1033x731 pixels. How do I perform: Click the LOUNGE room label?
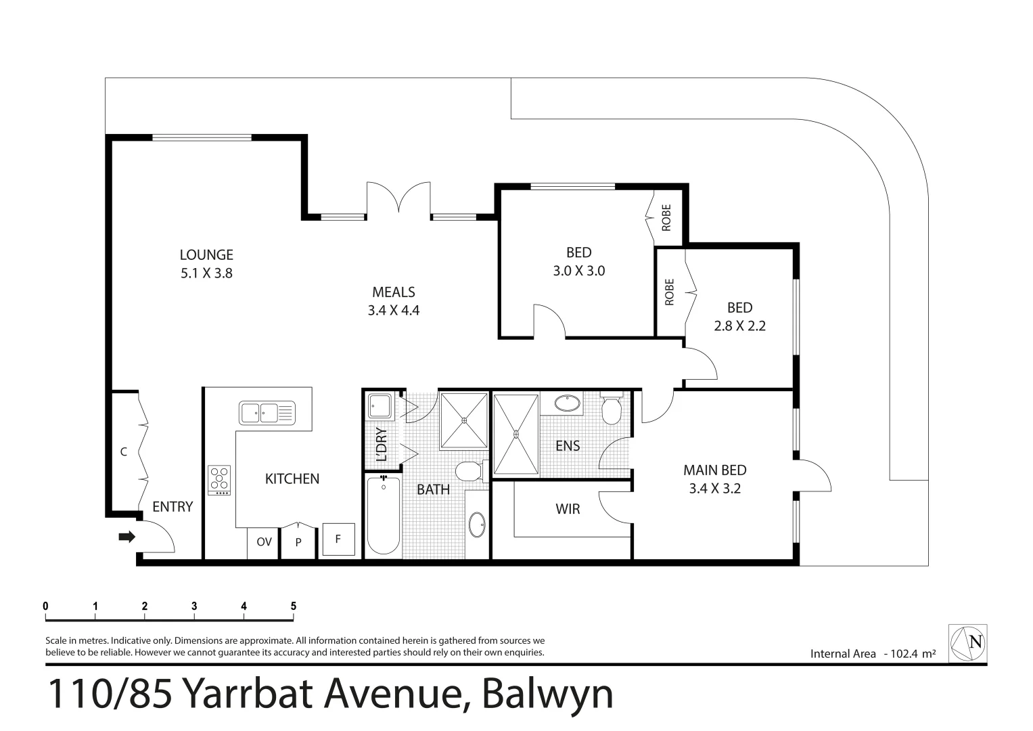[x=206, y=255]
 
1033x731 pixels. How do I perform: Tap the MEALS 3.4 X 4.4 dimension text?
[x=394, y=311]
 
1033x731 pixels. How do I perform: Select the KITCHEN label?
[x=292, y=479]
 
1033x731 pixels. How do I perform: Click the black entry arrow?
[x=127, y=537]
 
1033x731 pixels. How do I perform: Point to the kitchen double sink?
[x=267, y=412]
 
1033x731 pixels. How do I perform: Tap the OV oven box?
[x=264, y=542]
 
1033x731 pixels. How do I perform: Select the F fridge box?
[x=338, y=540]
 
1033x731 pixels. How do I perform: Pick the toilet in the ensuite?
[x=611, y=408]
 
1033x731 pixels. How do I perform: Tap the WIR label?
[x=568, y=508]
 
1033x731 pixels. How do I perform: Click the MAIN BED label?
[x=714, y=470]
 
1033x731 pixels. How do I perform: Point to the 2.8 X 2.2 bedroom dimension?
[x=739, y=326]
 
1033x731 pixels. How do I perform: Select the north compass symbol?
[x=967, y=642]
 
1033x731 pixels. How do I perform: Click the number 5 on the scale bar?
[x=294, y=606]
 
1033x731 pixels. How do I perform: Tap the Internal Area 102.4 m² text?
[x=873, y=654]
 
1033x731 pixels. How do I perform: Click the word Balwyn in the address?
[x=548, y=694]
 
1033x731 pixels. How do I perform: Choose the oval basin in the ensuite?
[x=566, y=404]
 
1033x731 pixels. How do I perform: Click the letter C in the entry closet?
[x=124, y=452]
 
